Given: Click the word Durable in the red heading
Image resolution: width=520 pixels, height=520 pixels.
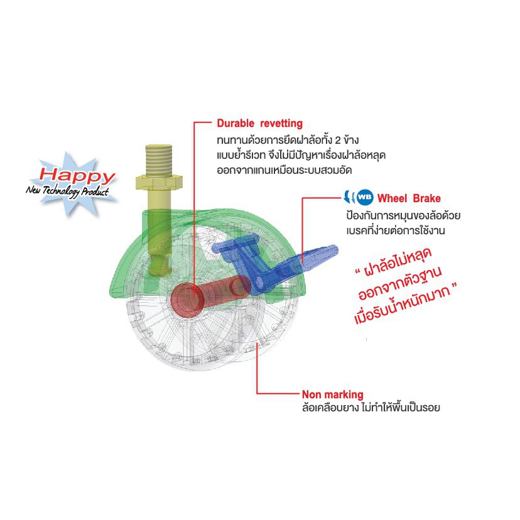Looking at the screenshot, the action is [236, 123].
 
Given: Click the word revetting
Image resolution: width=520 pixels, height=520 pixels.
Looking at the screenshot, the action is [281, 123].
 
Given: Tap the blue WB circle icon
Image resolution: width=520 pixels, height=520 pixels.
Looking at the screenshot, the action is [365, 198].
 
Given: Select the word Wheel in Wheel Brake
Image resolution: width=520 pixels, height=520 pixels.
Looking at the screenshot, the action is [393, 198].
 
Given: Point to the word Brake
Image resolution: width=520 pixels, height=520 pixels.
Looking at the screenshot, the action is [427, 198].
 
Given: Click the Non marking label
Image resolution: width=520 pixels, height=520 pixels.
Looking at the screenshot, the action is [333, 394].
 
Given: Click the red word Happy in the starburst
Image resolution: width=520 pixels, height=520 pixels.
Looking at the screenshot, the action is [77, 175].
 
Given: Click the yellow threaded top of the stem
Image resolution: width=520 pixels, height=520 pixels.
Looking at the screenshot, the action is [159, 160].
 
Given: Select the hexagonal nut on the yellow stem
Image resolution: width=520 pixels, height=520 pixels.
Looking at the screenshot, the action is [159, 181].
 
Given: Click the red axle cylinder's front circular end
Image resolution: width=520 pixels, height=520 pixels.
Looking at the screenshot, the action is [187, 300].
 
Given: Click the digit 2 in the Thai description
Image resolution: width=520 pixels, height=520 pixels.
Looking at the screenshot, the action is [338, 141].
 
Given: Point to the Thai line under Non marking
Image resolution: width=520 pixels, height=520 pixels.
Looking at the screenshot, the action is [371, 407].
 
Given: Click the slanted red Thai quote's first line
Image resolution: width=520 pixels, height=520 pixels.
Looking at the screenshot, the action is [394, 262].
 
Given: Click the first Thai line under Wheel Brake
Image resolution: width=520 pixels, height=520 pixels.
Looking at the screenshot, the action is [403, 215].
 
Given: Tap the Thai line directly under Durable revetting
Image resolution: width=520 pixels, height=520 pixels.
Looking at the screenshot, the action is [288, 140].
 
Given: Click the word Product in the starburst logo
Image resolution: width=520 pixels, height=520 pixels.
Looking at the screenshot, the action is [95, 192].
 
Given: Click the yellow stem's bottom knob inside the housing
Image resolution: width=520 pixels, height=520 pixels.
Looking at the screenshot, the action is [160, 265].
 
